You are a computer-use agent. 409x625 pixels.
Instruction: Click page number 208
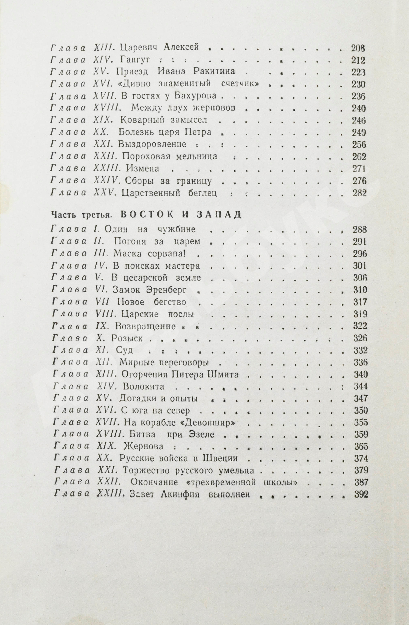[358, 48]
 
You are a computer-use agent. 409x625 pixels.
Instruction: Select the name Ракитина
[214, 72]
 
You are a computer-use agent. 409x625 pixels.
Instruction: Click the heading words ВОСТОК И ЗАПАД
[181, 214]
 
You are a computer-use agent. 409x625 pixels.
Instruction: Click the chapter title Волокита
[143, 386]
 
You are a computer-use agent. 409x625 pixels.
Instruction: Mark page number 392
[361, 495]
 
